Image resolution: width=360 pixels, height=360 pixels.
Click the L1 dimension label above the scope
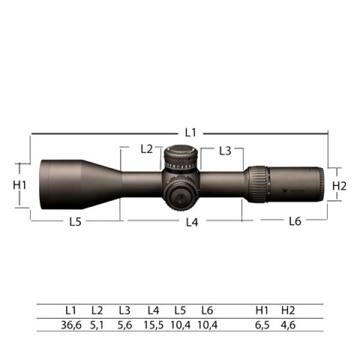pos(191,133)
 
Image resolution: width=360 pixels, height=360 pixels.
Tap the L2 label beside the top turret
pos(146,149)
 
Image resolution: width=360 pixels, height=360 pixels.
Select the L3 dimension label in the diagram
pos(225,151)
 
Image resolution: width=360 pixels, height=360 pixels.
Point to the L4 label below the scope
pos(192,222)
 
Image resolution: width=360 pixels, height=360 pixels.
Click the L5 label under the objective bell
pos(76,222)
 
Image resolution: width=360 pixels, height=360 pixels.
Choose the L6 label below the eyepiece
pos(295,221)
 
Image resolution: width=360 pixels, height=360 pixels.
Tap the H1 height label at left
pos(20,185)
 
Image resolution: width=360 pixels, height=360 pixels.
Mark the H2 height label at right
pos(339,186)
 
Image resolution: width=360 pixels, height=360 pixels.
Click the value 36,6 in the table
pos(71,325)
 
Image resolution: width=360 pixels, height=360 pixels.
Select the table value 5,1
pos(97,325)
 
